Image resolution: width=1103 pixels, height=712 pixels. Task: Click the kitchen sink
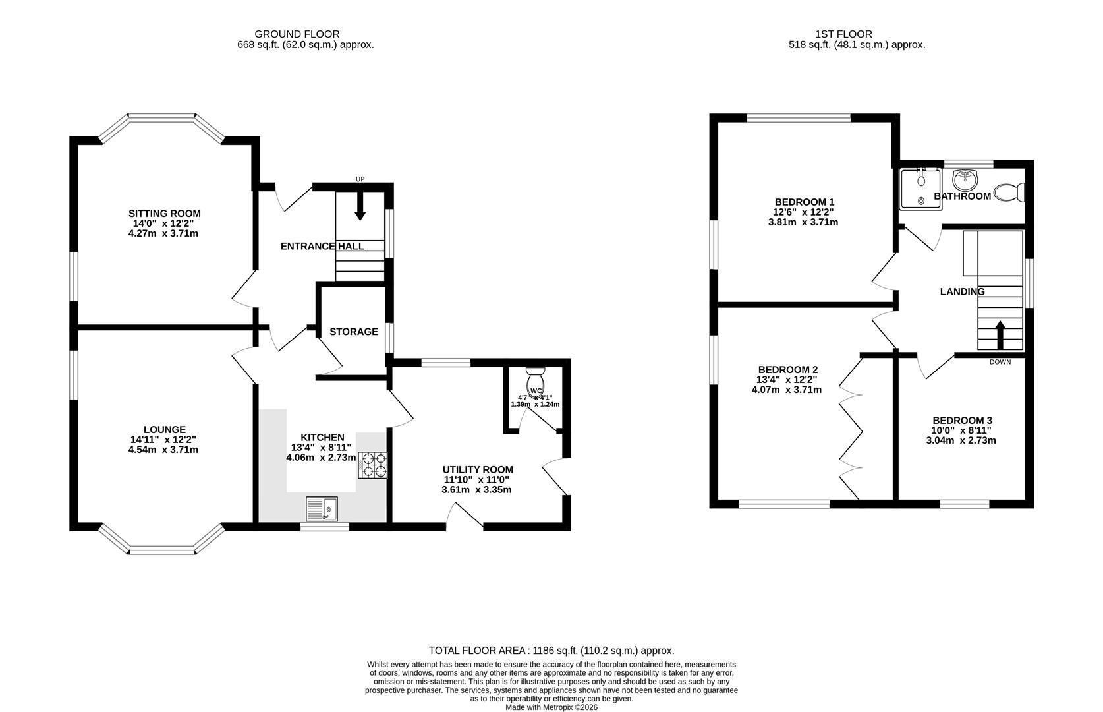pyautogui.click(x=322, y=508)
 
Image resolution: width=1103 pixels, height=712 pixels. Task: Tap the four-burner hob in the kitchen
pyautogui.click(x=373, y=465)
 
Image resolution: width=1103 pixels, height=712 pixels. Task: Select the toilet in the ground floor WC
pyautogui.click(x=535, y=380)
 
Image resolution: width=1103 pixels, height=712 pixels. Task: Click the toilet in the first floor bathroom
pyautogui.click(x=1009, y=192)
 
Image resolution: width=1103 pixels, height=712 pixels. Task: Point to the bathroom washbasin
pyautogui.click(x=965, y=181)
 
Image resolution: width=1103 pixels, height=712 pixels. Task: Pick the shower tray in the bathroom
pyautogui.click(x=920, y=189)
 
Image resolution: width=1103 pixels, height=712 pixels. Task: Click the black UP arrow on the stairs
pyautogui.click(x=360, y=206)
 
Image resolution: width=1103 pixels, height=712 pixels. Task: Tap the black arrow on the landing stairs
pyautogui.click(x=1000, y=335)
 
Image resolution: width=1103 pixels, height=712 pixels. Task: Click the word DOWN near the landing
pyautogui.click(x=1000, y=362)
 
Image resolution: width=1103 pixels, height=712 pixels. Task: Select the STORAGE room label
pyautogui.click(x=354, y=332)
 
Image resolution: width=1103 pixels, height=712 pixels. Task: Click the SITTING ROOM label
pyautogui.click(x=165, y=214)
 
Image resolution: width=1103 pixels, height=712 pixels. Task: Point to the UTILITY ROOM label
pyautogui.click(x=478, y=469)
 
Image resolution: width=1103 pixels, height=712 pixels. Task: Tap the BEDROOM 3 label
pyautogui.click(x=962, y=421)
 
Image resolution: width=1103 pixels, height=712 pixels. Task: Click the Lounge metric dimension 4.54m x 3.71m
pyautogui.click(x=163, y=450)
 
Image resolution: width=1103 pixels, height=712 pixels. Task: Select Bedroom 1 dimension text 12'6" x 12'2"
pyautogui.click(x=803, y=212)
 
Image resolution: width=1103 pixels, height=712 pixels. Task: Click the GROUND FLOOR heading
pyautogui.click(x=297, y=34)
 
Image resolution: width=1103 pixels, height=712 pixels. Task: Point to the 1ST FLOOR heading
pyautogui.click(x=843, y=34)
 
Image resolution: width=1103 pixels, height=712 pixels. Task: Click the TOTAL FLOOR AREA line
pyautogui.click(x=551, y=651)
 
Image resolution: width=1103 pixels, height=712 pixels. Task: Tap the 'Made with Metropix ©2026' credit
pyautogui.click(x=551, y=707)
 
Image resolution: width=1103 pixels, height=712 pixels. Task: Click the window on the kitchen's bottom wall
pyautogui.click(x=324, y=527)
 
